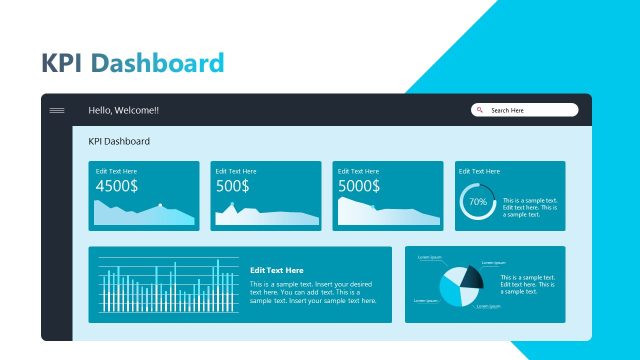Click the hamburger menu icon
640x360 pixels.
pyautogui.click(x=57, y=110)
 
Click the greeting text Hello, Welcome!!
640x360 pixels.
pyautogui.click(x=123, y=110)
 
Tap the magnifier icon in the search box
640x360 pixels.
pyautogui.click(x=480, y=110)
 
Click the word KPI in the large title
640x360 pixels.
pyautogui.click(x=62, y=64)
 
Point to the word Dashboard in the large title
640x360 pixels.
pyautogui.click(x=157, y=64)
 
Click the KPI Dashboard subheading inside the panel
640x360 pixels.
pyautogui.click(x=119, y=142)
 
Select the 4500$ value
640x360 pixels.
pyautogui.click(x=117, y=186)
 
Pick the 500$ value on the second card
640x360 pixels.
pyautogui.click(x=232, y=186)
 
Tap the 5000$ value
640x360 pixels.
pyautogui.click(x=358, y=186)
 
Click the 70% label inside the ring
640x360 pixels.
pyautogui.click(x=477, y=202)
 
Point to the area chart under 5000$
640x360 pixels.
pyautogui.click(x=385, y=213)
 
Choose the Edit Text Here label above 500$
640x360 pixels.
pyautogui.click(x=235, y=172)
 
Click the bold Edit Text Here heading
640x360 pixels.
pyautogui.click(x=276, y=270)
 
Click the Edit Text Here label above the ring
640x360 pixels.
pyautogui.click(x=479, y=172)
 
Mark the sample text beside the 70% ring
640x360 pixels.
pyautogui.click(x=530, y=207)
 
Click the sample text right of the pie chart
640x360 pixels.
pyautogui.click(x=527, y=284)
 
